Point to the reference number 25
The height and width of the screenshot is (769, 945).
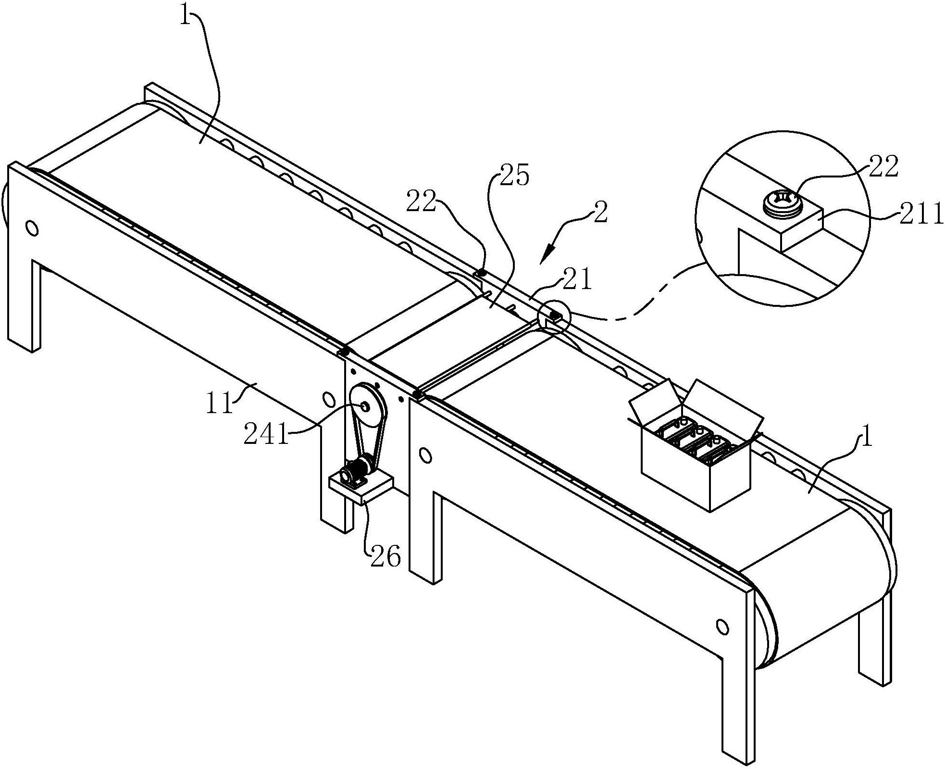(x=514, y=176)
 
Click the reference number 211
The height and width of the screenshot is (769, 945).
(x=921, y=215)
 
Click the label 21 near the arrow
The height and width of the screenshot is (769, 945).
(x=577, y=280)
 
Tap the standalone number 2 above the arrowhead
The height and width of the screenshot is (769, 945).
(x=601, y=212)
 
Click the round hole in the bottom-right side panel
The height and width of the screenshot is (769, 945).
(x=721, y=626)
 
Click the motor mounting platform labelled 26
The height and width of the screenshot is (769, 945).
(x=361, y=488)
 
